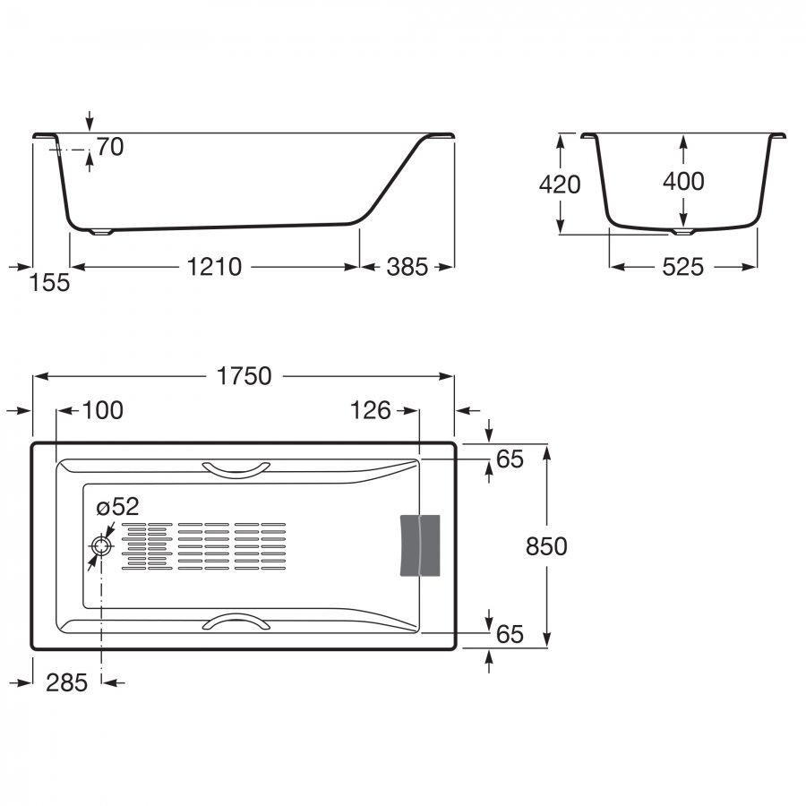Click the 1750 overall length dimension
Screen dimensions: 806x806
(x=244, y=376)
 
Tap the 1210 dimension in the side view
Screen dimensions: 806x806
(x=214, y=267)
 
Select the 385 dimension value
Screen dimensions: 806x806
(x=407, y=267)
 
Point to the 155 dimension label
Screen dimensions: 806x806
(x=49, y=283)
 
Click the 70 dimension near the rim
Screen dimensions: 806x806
(x=110, y=147)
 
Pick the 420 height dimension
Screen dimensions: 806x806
(x=560, y=184)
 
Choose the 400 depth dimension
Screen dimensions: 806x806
(x=683, y=181)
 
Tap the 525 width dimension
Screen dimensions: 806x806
(x=682, y=267)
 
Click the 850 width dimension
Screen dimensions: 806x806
(x=546, y=546)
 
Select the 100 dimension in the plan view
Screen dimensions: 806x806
(x=103, y=410)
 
